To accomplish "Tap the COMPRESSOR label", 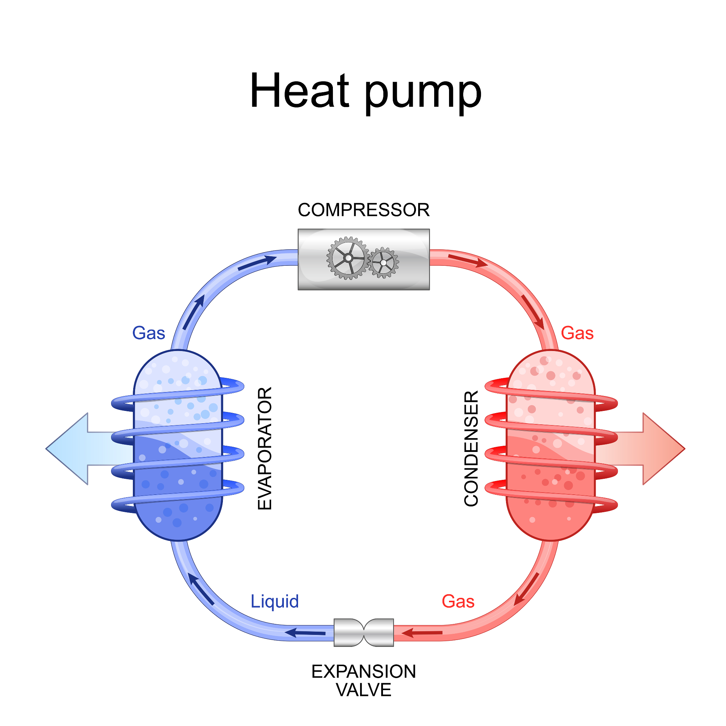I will point(363,210).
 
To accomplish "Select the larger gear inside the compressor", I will point(348,258).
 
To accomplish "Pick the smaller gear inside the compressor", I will point(383,263).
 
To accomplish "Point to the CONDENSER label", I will point(471,449).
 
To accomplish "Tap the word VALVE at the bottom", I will point(363,690).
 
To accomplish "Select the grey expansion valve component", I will point(363,633).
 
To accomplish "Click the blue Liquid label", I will point(275,601).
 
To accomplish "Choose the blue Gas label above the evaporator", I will point(148,333).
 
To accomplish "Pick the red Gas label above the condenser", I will point(577,333).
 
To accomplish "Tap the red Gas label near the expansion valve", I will point(458,601).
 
